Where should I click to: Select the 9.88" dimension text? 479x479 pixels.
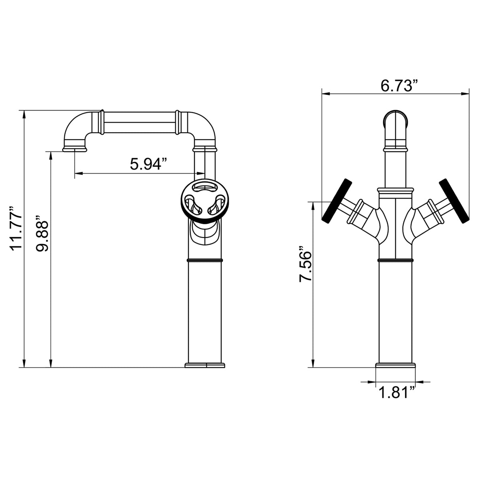point(42,234)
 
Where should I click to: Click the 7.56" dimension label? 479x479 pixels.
point(305,263)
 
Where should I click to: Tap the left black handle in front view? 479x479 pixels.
point(337,200)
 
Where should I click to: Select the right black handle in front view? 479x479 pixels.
point(454,201)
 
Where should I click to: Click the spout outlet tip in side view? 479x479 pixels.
point(75,149)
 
